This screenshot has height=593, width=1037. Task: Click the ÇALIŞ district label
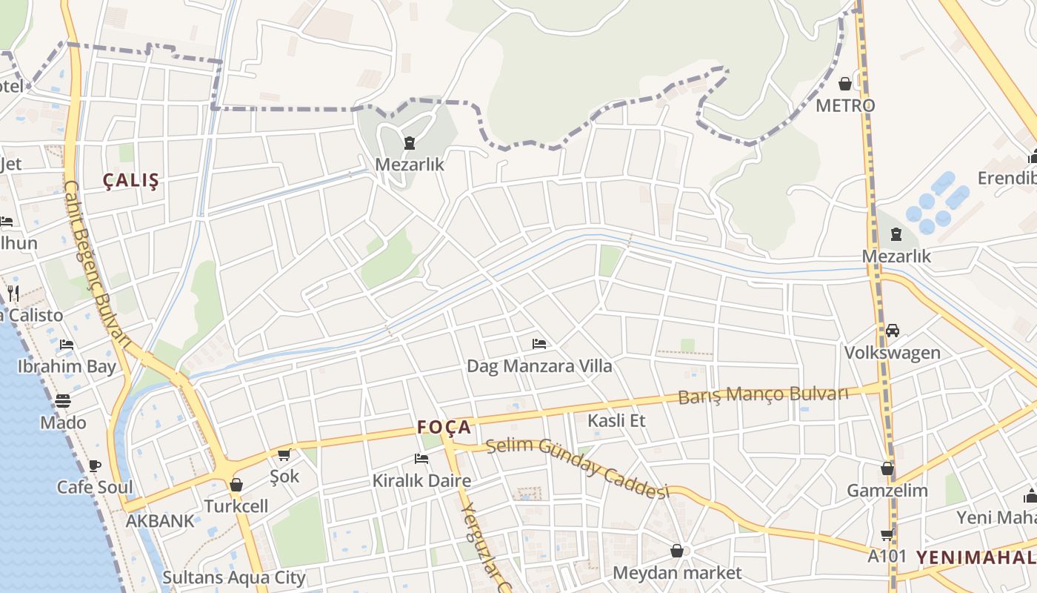click(131, 181)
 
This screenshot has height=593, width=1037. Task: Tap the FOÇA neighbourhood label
click(444, 427)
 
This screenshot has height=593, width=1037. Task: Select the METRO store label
click(845, 105)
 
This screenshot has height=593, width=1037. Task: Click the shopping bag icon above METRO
click(845, 84)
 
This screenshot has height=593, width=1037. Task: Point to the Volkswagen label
click(892, 352)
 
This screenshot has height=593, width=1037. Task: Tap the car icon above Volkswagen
click(893, 331)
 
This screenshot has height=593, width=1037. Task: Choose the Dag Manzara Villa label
click(539, 365)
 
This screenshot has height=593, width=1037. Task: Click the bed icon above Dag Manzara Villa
click(539, 344)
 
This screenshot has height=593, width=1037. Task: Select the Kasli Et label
click(616, 421)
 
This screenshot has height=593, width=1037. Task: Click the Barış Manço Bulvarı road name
click(763, 394)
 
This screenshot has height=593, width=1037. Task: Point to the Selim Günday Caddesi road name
click(578, 468)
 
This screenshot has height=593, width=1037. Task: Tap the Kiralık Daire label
click(421, 480)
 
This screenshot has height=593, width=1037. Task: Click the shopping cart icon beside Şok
click(284, 454)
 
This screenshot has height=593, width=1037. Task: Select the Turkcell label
click(236, 506)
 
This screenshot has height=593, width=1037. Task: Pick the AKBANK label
click(160, 520)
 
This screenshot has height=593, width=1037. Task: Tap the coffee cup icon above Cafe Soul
click(95, 466)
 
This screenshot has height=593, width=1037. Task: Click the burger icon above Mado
click(63, 401)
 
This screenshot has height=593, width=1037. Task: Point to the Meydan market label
click(677, 573)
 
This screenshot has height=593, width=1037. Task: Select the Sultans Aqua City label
click(234, 577)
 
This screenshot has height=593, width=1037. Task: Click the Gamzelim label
click(887, 491)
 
